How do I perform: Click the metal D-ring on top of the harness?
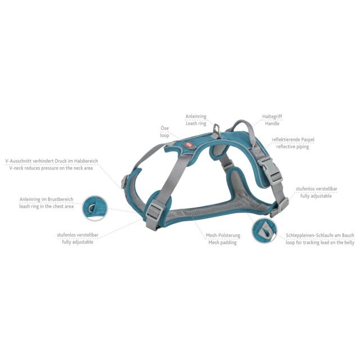point(217,130)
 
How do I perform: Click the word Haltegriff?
point(272,116)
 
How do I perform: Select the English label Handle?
point(272,124)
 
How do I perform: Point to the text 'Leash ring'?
point(196,124)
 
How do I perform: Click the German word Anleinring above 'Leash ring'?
point(196,116)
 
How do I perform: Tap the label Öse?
point(165,128)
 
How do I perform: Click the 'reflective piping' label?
point(292,146)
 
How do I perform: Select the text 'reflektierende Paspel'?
point(293,139)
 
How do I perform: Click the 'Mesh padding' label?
point(222,242)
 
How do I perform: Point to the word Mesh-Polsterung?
point(223,235)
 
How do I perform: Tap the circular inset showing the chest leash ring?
point(94,208)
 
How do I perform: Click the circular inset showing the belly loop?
point(264,231)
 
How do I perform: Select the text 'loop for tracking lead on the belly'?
point(320,242)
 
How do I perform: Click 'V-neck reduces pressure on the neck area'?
point(51,168)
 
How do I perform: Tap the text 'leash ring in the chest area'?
point(46,206)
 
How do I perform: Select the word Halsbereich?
point(86,161)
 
